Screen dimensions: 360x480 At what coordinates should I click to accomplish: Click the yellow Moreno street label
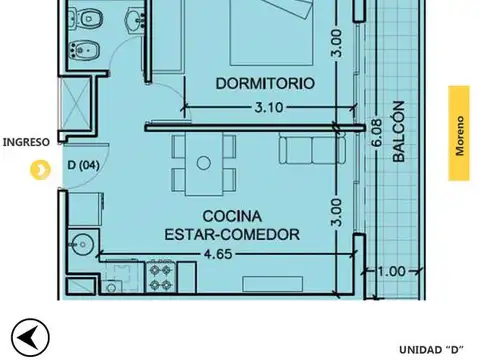pyautogui.click(x=459, y=133)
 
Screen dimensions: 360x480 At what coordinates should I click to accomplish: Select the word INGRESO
pyautogui.click(x=25, y=142)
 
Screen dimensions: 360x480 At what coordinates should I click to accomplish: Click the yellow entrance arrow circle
pyautogui.click(x=39, y=170)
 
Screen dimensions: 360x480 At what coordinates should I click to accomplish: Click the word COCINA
pyautogui.click(x=232, y=216)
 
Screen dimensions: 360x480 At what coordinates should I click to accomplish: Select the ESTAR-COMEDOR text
pyautogui.click(x=232, y=234)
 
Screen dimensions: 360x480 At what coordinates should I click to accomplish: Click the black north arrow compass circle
pyautogui.click(x=30, y=337)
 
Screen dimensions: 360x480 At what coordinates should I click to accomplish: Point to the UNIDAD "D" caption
pyautogui.click(x=431, y=349)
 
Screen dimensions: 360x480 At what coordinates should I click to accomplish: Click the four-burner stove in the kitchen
pyautogui.click(x=160, y=277)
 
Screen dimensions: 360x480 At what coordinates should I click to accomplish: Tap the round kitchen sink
pyautogui.click(x=82, y=242)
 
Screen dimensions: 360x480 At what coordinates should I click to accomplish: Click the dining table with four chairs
pyautogui.click(x=204, y=162)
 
